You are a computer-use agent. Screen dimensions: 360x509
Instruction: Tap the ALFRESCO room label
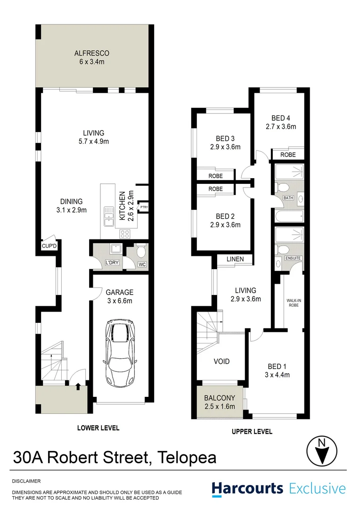coord(92,53)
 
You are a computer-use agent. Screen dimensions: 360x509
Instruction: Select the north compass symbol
coord(322,451)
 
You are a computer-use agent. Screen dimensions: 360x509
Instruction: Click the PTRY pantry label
coord(144,207)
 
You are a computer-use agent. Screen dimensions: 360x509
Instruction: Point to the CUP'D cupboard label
coord(49,246)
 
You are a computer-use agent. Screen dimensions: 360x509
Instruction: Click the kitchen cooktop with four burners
coord(125,234)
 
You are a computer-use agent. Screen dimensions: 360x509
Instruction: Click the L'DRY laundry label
coord(112,263)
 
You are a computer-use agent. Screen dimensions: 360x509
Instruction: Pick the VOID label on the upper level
coord(222,361)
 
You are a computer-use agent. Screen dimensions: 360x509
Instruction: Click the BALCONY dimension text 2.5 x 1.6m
coord(220,406)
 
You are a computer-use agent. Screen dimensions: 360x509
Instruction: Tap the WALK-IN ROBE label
coord(294,303)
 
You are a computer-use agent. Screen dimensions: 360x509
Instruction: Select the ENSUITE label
coord(293,258)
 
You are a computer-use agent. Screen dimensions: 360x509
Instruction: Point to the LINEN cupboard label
coord(235,259)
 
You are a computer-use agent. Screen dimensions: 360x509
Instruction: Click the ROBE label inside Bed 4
coord(288,155)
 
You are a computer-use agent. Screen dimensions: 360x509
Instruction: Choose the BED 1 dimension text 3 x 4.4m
coord(277,375)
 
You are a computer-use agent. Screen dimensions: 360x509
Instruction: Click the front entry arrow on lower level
coord(78,386)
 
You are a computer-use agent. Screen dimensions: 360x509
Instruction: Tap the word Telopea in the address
coord(187,457)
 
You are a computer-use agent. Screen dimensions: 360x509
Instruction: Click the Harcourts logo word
coord(247,489)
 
